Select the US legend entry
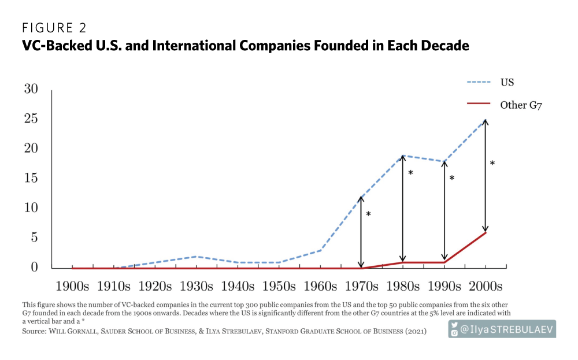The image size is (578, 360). pos(507,82)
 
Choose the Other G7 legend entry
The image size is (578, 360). pos(521,105)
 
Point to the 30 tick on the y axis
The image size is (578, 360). pos(31,89)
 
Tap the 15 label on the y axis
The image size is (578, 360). pos(31,178)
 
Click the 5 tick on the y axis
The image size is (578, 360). pos(35,237)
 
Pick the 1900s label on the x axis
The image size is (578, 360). pos(72,286)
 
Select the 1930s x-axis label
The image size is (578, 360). pos(197,286)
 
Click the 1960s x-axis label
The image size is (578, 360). pos(320,286)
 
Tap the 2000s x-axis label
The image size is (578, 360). pos(486,286)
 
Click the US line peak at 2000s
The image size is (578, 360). pos(486,120)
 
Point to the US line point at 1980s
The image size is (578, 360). pos(403,155)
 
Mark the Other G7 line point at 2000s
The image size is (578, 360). pos(486,232)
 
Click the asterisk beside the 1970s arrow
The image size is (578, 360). pos(368,214)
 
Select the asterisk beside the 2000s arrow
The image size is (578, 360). pos(492,164)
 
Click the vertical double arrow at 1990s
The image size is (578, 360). pos(444,211)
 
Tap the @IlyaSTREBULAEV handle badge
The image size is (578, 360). pos(502,329)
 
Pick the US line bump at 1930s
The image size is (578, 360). pos(197,256)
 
